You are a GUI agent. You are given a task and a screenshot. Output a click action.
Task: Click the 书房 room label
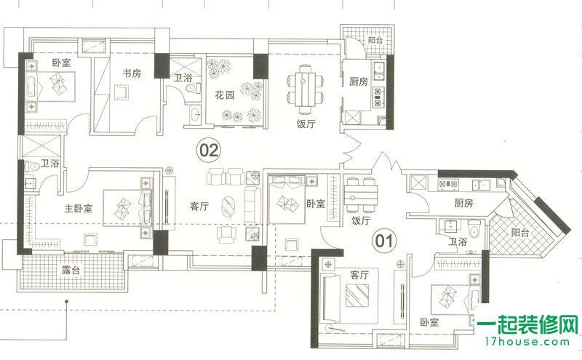pyautogui.click(x=131, y=73)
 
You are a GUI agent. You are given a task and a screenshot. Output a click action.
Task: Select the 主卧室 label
pyautogui.click(x=78, y=208)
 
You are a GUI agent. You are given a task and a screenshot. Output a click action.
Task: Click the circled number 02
pyautogui.click(x=209, y=151)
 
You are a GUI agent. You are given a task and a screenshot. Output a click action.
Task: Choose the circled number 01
pyautogui.click(x=383, y=238)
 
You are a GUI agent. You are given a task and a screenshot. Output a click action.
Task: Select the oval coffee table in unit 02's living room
pyautogui.click(x=228, y=206)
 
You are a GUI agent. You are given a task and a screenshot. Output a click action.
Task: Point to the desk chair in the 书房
pyautogui.click(x=122, y=92)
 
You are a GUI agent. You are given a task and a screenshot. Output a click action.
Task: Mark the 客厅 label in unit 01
pyautogui.click(x=360, y=275)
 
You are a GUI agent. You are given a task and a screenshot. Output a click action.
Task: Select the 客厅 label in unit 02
pyautogui.click(x=199, y=206)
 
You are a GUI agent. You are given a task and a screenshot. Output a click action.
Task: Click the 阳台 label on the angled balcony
pyautogui.click(x=520, y=233)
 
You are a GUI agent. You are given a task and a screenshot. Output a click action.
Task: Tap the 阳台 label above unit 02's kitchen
pyautogui.click(x=375, y=41)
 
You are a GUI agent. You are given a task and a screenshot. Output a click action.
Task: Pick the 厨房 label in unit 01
pyautogui.click(x=463, y=203)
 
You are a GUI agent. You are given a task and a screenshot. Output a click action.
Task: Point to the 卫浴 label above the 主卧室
pyautogui.click(x=49, y=164)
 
